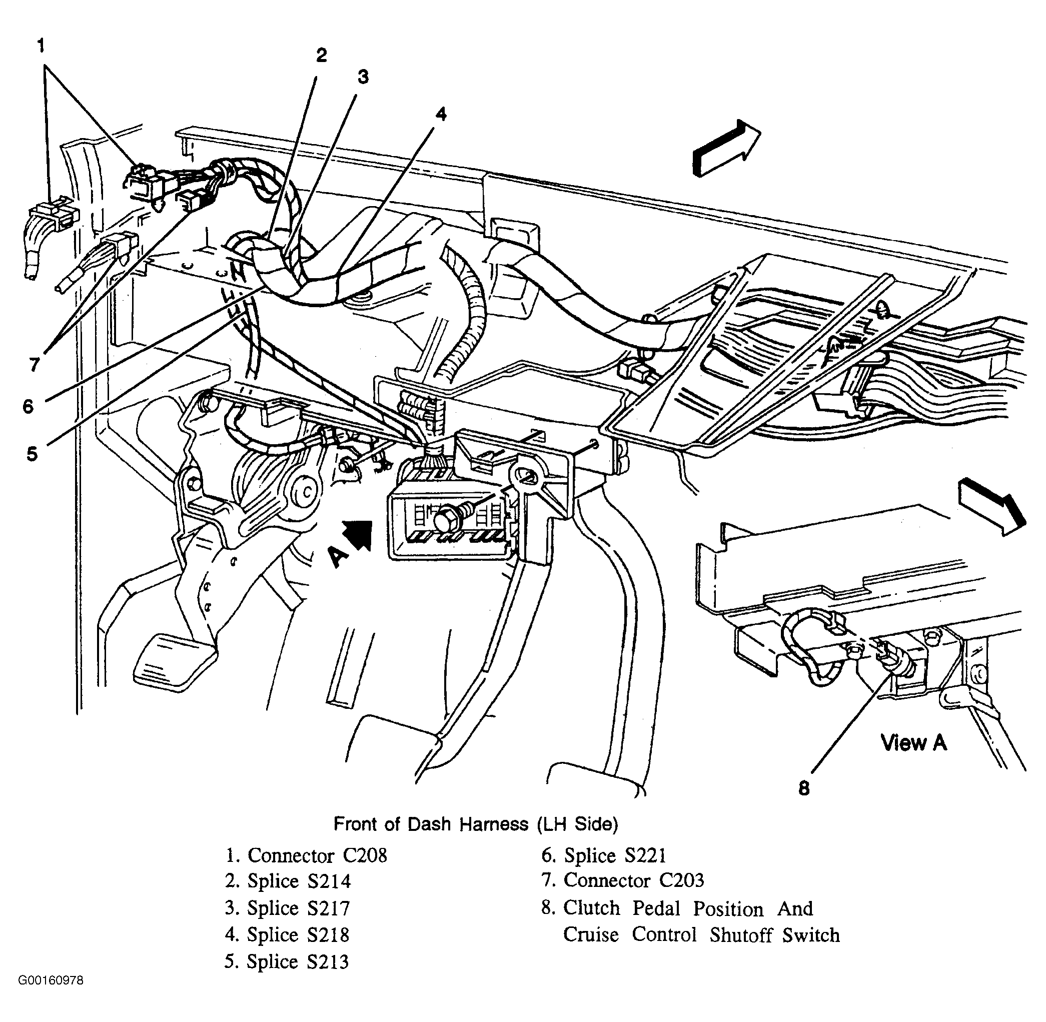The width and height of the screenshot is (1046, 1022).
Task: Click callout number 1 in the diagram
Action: (x=41, y=46)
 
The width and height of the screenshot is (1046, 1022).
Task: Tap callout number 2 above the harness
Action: (x=321, y=55)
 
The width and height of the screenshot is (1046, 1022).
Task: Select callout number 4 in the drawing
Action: (x=441, y=114)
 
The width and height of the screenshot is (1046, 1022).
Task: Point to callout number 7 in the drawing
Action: (x=35, y=365)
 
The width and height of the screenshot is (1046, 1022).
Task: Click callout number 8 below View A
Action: (x=803, y=788)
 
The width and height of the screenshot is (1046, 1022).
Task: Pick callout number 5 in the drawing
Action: (x=32, y=454)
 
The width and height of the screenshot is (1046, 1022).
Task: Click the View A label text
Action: (x=913, y=743)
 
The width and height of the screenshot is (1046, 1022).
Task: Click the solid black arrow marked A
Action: (x=358, y=535)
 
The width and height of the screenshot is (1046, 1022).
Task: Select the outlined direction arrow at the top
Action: (x=727, y=148)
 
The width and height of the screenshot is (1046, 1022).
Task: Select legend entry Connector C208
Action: (x=306, y=855)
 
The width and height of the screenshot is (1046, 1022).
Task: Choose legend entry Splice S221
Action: (x=604, y=855)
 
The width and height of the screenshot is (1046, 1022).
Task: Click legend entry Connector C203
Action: (x=623, y=880)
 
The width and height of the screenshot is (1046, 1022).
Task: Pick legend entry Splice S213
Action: (x=287, y=962)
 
